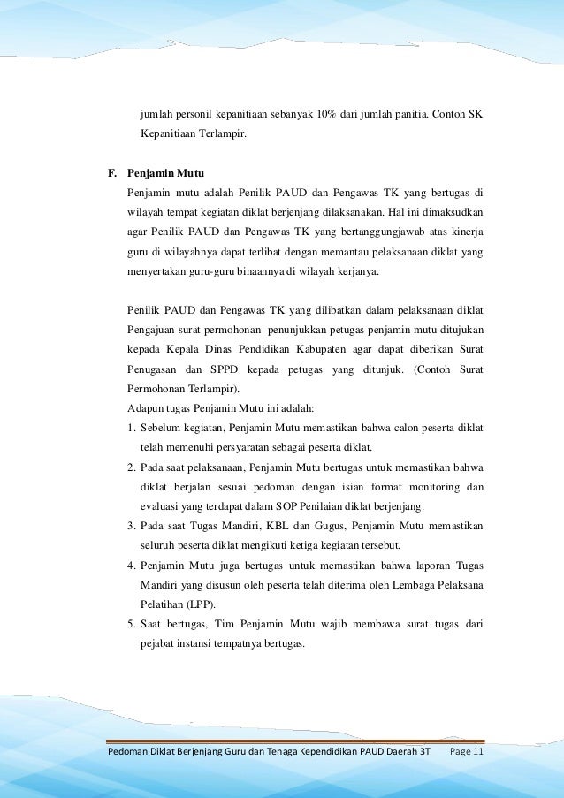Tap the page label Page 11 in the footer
tap(466, 752)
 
